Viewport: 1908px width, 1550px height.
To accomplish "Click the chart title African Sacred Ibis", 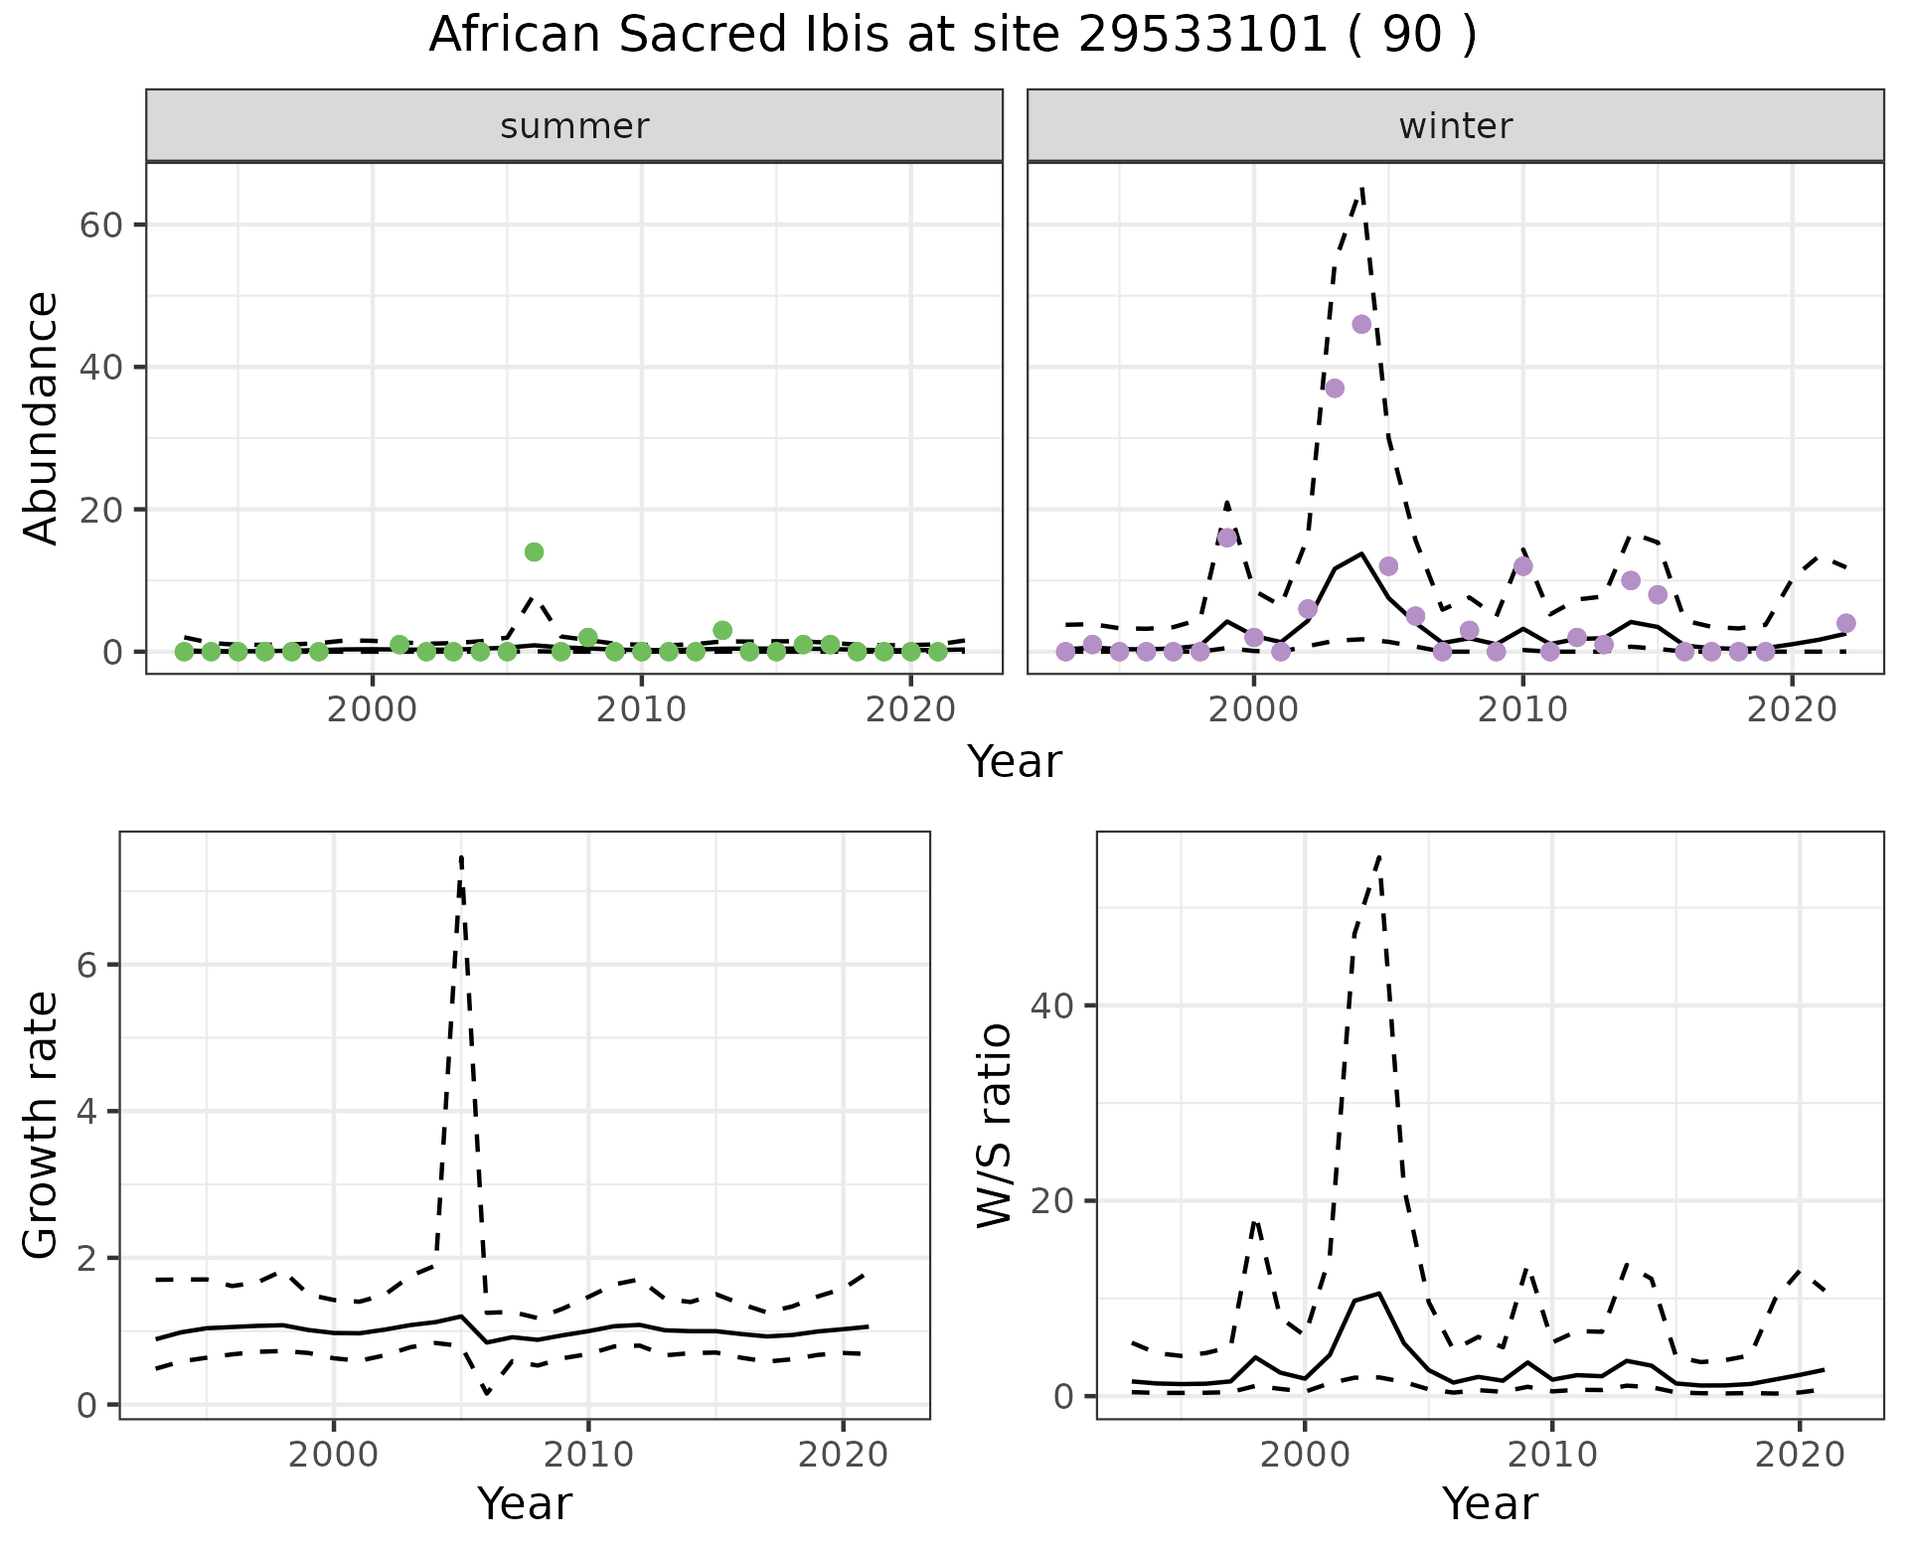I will tap(952, 36).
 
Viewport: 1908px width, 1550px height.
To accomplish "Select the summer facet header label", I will tap(574, 126).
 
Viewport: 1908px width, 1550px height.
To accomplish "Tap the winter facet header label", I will tap(1455, 126).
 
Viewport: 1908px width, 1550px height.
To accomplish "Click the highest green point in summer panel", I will tap(534, 552).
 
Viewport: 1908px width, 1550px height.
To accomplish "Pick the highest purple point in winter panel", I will tap(1361, 324).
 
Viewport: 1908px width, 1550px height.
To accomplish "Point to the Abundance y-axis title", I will tap(42, 417).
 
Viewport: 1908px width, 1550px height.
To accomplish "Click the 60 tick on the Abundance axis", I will tap(100, 226).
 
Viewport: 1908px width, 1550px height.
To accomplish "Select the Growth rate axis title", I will tap(42, 1125).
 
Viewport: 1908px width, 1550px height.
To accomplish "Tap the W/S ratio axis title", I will tap(994, 1125).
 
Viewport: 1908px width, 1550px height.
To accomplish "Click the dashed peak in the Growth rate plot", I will tap(462, 856).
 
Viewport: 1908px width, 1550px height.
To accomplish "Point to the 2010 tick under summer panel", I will tap(642, 710).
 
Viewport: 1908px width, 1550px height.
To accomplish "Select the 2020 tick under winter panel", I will tap(1791, 710).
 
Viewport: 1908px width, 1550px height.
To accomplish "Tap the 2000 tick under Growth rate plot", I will tap(334, 1456).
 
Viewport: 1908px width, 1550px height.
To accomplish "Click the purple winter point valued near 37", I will tap(1335, 387).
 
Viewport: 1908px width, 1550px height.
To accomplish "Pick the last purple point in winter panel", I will tap(1845, 623).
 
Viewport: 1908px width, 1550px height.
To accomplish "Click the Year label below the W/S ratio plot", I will tap(1490, 1503).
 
